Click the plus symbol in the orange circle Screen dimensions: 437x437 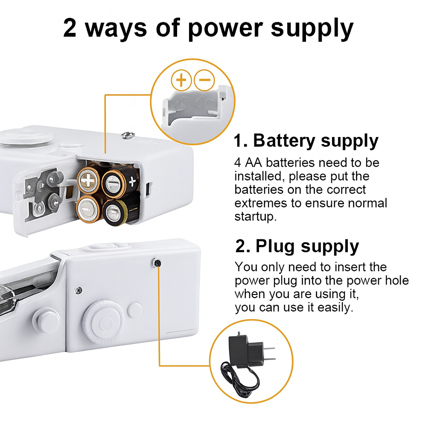tap(182, 80)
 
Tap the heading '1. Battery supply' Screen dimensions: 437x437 tap(306, 141)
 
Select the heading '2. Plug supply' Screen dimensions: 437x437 tap(297, 247)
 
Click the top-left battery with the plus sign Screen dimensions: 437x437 tap(88, 181)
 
